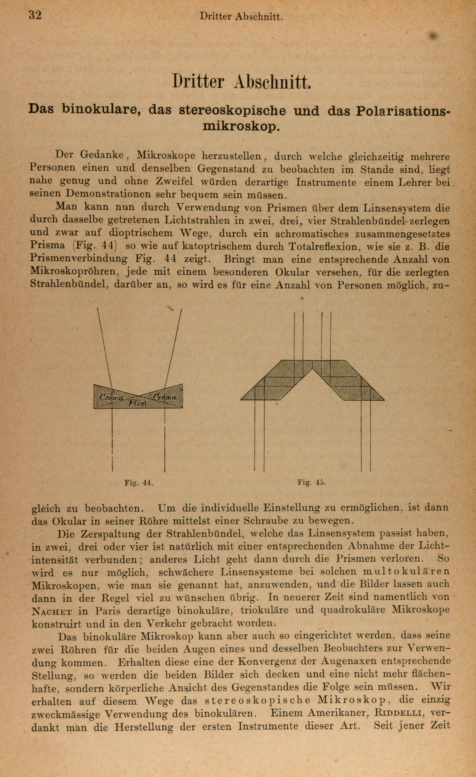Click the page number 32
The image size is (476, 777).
point(35,15)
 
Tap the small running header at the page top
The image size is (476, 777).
point(241,17)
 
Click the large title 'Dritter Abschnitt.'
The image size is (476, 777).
point(242,82)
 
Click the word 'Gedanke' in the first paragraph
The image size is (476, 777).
point(103,155)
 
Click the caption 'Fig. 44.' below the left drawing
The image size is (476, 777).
point(139,483)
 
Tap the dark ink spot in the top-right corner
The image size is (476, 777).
point(435,36)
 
